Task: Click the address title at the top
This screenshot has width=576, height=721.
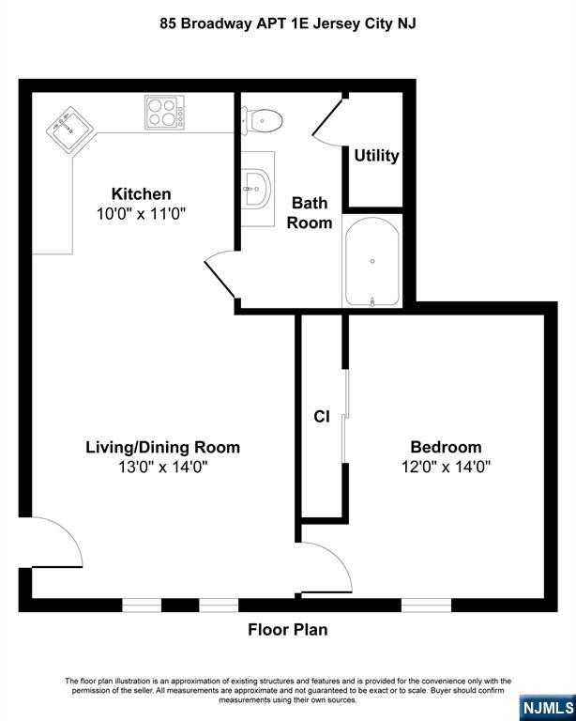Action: click(287, 23)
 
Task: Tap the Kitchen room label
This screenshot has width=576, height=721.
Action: click(142, 194)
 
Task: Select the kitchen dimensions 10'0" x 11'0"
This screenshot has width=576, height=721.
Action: click(142, 213)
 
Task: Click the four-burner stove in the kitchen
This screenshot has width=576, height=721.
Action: click(164, 113)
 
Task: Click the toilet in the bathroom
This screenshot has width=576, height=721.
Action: click(263, 119)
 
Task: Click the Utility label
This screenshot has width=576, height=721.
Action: click(376, 156)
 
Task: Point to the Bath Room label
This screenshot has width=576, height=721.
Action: click(310, 212)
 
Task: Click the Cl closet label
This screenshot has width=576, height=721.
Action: click(321, 418)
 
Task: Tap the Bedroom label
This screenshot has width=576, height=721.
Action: click(446, 447)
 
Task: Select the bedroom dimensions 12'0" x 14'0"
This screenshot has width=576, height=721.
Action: click(446, 466)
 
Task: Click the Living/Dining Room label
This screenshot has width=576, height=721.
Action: click(163, 447)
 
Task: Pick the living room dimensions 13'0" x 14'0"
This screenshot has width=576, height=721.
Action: click(163, 466)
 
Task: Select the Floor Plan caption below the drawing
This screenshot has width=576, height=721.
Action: click(287, 630)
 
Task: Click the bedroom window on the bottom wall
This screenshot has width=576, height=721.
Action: click(426, 605)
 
